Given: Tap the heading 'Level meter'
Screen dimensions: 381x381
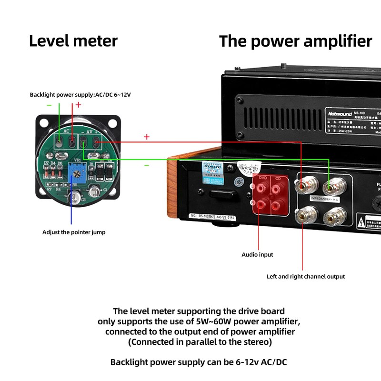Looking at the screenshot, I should tap(73, 40).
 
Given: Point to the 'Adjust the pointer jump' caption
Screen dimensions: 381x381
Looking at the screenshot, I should tap(74, 232).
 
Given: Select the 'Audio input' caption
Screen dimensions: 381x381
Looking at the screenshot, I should tap(257, 255).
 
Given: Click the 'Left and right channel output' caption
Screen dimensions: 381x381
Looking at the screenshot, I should tap(306, 277).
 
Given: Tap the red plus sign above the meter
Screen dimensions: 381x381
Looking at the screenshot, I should tap(78, 105).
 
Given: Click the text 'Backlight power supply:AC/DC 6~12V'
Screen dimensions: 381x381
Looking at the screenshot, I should tap(80, 95).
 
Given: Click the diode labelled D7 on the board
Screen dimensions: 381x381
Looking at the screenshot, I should tap(46, 173).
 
